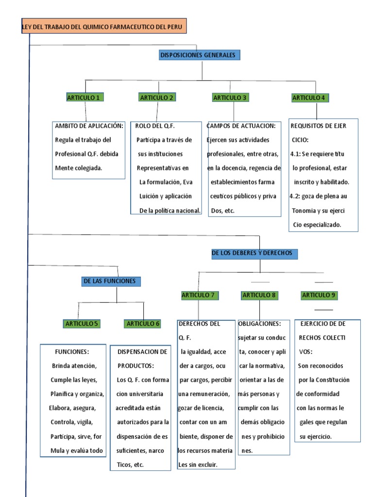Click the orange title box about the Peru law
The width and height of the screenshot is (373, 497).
(x=103, y=27)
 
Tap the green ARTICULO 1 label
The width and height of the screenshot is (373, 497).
(x=83, y=98)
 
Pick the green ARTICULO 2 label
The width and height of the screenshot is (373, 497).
(x=157, y=98)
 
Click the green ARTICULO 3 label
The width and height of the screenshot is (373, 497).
(x=230, y=98)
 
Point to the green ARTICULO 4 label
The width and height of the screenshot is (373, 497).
(x=309, y=98)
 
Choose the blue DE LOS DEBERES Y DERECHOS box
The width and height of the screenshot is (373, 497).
(x=255, y=253)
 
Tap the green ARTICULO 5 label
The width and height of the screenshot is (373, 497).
(x=82, y=323)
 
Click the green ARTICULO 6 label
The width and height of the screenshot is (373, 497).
(x=143, y=323)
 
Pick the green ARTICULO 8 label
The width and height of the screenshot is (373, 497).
(x=259, y=295)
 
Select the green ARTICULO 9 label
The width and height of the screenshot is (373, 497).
(x=319, y=295)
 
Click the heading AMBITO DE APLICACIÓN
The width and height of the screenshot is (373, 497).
(x=89, y=126)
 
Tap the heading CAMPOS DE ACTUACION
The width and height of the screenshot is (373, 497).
(x=241, y=126)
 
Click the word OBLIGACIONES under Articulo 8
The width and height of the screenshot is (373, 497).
(x=259, y=324)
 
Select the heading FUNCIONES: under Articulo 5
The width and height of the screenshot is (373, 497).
(x=72, y=351)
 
